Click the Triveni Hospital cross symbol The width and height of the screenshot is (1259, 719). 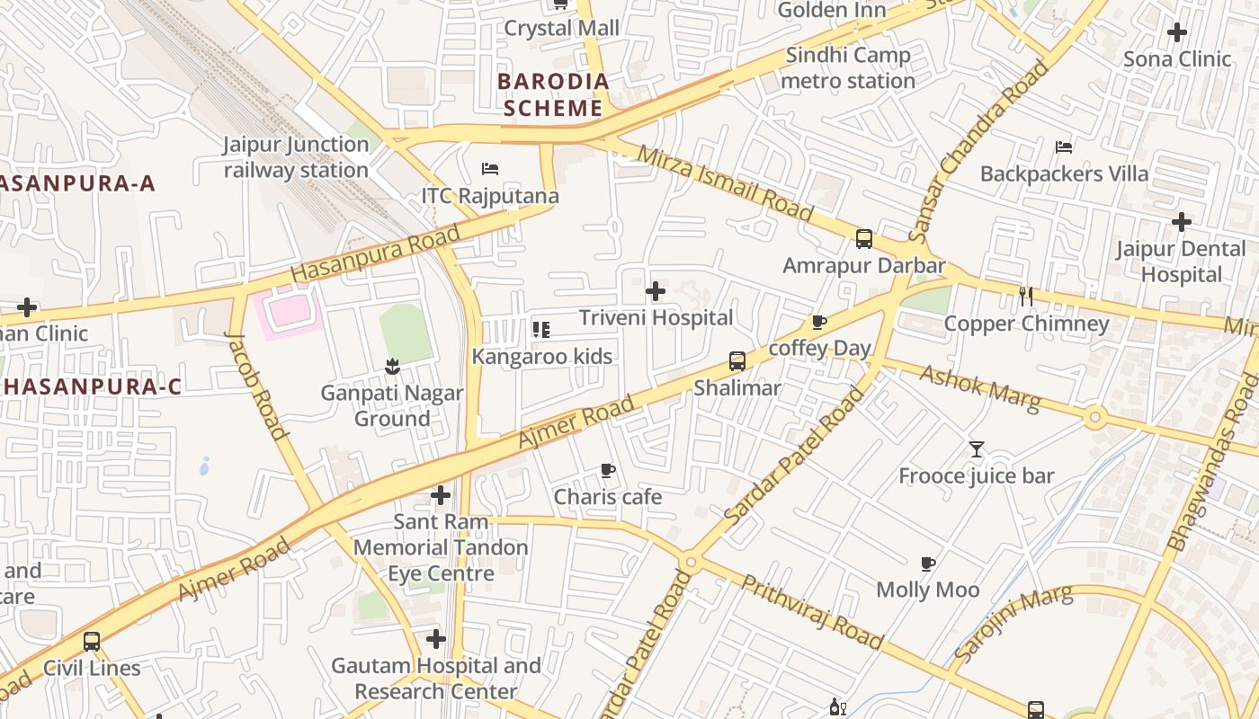coord(656,291)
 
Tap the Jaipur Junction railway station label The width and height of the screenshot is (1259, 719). coord(296,157)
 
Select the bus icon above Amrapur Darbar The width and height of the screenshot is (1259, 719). coord(864,239)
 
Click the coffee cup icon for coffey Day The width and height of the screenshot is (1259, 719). coord(818,322)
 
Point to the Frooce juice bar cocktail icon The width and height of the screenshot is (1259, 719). coord(977,449)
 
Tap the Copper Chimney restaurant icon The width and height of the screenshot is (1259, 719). coord(1025,297)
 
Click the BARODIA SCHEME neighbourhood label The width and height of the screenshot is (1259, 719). coord(553,94)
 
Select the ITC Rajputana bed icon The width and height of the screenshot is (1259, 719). coord(490,169)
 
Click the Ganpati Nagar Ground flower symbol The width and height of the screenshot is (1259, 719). coord(391,366)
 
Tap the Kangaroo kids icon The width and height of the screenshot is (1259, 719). coord(540,330)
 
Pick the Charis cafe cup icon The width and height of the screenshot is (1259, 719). coord(608,470)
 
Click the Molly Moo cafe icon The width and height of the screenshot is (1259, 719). coord(928,564)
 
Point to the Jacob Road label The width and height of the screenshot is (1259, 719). coord(256,386)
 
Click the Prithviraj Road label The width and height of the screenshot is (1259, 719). coord(811,611)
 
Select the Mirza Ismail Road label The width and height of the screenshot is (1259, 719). coord(724,183)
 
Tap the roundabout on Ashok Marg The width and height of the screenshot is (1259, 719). coord(1094,417)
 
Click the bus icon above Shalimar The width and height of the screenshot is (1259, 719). coord(737,361)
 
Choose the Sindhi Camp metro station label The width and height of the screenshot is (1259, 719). coord(848,68)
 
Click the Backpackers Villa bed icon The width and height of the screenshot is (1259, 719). coord(1064,146)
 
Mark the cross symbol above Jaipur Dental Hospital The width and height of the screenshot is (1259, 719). coord(1182,222)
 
